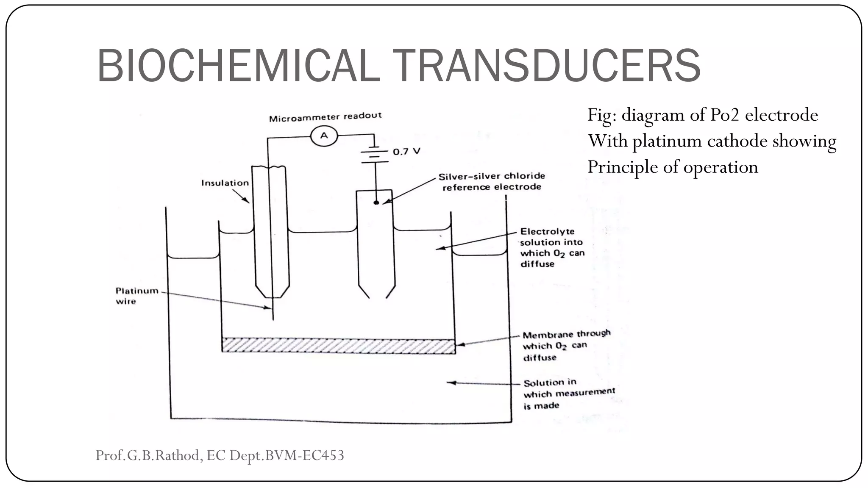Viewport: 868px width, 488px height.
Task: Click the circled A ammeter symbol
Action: [x=324, y=136]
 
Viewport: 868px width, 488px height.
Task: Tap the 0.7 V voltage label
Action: [x=406, y=152]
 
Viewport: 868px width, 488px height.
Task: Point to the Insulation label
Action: [x=225, y=183]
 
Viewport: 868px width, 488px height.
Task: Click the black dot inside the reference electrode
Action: [x=376, y=203]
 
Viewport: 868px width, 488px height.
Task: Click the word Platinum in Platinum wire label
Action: [x=136, y=291]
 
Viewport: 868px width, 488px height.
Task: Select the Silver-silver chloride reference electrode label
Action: [x=492, y=181]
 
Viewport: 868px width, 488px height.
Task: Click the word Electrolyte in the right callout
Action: [x=547, y=232]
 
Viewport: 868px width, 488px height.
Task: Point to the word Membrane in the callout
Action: [x=548, y=335]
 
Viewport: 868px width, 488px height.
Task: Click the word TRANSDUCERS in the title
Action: [x=546, y=66]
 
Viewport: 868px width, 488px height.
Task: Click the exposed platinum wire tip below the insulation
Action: [x=273, y=309]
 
